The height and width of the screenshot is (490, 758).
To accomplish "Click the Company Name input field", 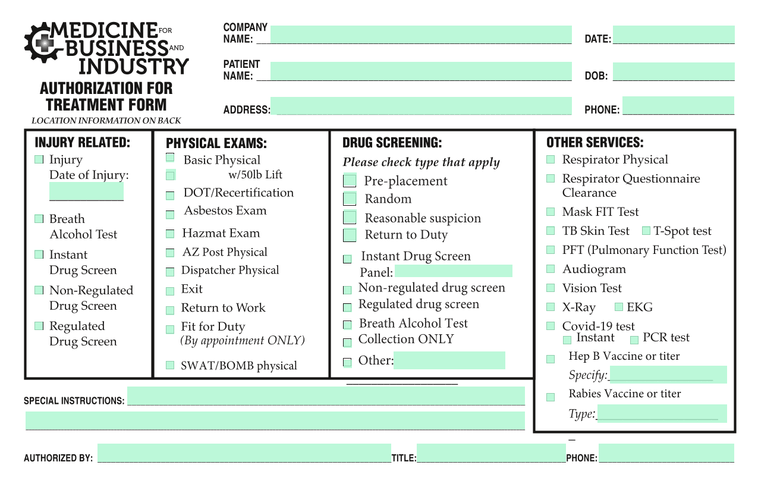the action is pyautogui.click(x=421, y=34).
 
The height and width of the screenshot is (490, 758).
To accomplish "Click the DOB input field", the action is pyautogui.click(x=674, y=71).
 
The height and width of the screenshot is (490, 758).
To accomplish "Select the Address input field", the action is pyautogui.click(x=421, y=106).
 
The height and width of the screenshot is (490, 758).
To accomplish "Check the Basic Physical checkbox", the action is pyautogui.click(x=170, y=158).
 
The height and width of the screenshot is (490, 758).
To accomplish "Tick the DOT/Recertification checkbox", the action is pyautogui.click(x=170, y=196).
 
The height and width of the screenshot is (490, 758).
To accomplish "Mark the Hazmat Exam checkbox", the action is pyautogui.click(x=170, y=234).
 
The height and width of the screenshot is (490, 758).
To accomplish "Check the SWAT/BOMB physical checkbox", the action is pyautogui.click(x=170, y=365).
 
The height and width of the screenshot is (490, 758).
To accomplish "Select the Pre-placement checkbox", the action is pyautogui.click(x=350, y=180).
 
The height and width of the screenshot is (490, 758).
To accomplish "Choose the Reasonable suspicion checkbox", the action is pyautogui.click(x=350, y=217).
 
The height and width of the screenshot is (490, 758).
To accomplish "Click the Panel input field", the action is pyautogui.click(x=454, y=271).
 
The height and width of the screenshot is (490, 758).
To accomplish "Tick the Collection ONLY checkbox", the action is pyautogui.click(x=347, y=343).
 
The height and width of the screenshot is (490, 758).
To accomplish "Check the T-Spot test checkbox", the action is pyautogui.click(x=646, y=231).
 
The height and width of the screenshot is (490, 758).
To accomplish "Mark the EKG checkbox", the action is pyautogui.click(x=618, y=307).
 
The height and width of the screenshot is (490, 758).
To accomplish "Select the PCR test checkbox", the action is pyautogui.click(x=634, y=340).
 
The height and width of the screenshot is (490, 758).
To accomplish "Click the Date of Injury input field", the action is pyautogui.click(x=86, y=191).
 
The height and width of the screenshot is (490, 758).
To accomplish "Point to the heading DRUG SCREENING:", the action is pyautogui.click(x=392, y=143).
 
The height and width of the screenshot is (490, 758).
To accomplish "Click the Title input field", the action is pyautogui.click(x=491, y=453).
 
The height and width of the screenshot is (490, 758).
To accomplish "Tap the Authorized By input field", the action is pyautogui.click(x=244, y=453).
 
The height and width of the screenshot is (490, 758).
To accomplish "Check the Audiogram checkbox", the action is pyautogui.click(x=551, y=269).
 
